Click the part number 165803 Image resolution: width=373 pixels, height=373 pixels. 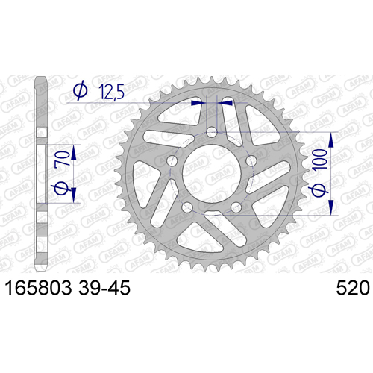39,288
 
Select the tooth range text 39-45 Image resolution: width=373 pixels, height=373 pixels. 104,288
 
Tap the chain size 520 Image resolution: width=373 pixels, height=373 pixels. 353,288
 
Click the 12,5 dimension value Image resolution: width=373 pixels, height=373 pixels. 111,92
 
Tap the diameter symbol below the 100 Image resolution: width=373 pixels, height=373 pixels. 319,190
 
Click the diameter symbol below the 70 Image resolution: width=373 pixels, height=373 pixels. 60,188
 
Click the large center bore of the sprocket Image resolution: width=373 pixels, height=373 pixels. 212,173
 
